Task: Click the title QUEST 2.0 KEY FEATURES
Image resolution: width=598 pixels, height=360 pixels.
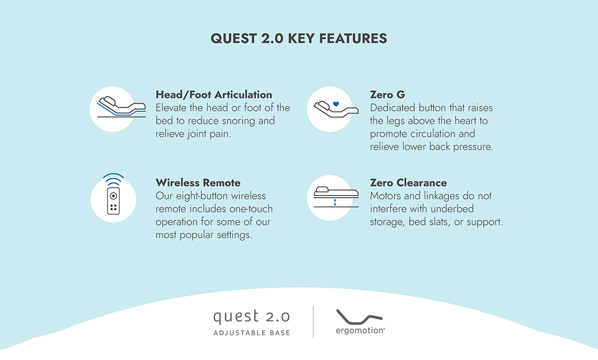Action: [x=298, y=39]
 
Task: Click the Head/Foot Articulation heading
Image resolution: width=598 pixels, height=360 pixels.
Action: [x=214, y=95]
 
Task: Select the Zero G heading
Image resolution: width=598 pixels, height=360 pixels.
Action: [x=388, y=95]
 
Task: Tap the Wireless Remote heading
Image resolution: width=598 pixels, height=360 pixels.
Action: [x=198, y=183]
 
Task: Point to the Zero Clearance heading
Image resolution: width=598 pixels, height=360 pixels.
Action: [x=409, y=183]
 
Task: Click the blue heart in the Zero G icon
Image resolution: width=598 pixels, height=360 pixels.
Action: [x=336, y=104]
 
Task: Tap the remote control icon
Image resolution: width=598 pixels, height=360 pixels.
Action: [x=114, y=200]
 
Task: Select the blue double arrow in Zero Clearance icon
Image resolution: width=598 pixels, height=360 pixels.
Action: [x=335, y=202]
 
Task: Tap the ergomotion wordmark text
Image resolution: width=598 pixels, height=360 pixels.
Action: [x=360, y=331]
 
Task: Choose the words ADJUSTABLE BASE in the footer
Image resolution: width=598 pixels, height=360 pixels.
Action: [x=252, y=333]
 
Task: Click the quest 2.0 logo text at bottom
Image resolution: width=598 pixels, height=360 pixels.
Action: [x=252, y=317]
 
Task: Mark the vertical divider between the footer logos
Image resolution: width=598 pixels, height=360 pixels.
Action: [x=313, y=322]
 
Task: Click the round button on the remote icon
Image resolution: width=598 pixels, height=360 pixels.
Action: [x=114, y=196]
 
